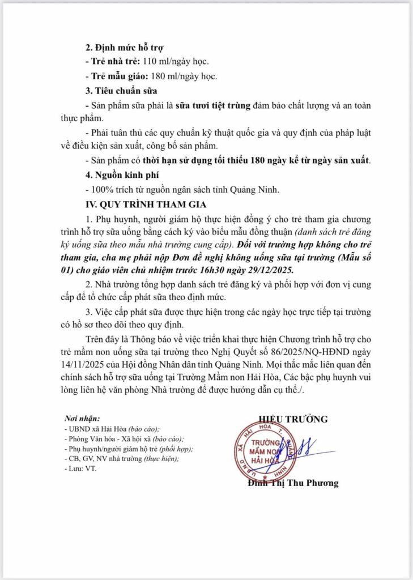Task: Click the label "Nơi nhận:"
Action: [x=82, y=419]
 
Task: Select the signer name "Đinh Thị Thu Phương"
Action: [x=292, y=483]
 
